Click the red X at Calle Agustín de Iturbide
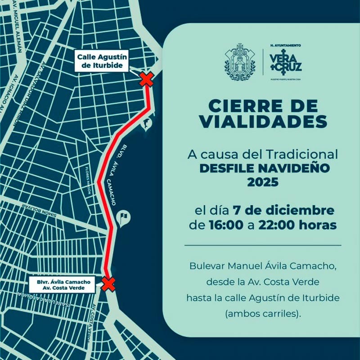click(x=146, y=80)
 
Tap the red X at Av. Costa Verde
click(x=108, y=284)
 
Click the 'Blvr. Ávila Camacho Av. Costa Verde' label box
click(x=60, y=284)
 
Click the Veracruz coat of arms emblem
click(x=240, y=62)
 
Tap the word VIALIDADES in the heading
click(x=263, y=121)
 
